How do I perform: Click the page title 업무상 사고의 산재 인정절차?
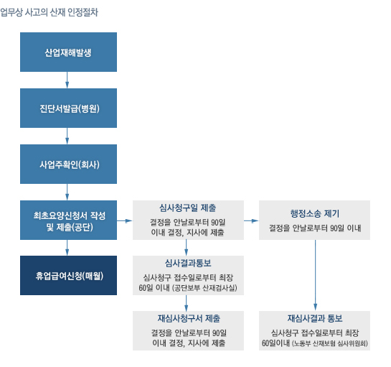coord(49,12)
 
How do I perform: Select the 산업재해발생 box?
coord(68,52)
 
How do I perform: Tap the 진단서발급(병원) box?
coord(68,108)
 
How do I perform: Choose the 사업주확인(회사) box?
coord(68,164)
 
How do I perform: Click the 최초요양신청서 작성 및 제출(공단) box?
coord(68,220)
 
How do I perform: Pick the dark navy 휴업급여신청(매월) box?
coord(68,275)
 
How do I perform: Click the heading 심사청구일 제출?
coord(188,208)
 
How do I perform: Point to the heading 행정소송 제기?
coord(315,213)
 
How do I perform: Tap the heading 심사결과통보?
coord(188,263)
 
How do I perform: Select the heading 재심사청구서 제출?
coord(189,319)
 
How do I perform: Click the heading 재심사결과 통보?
coord(315,319)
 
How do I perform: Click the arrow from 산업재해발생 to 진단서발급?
coord(67,80)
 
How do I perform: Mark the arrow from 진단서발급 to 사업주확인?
coord(67,136)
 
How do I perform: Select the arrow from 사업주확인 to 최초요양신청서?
coord(67,192)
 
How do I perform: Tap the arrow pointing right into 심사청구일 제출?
coord(125,220)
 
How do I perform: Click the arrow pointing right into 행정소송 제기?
coord(251,220)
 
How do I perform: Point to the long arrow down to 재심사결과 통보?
coord(315,275)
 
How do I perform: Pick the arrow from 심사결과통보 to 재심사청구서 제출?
coord(186,303)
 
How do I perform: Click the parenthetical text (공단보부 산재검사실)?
coord(204,288)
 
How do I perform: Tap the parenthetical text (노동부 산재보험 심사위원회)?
coord(329,343)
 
